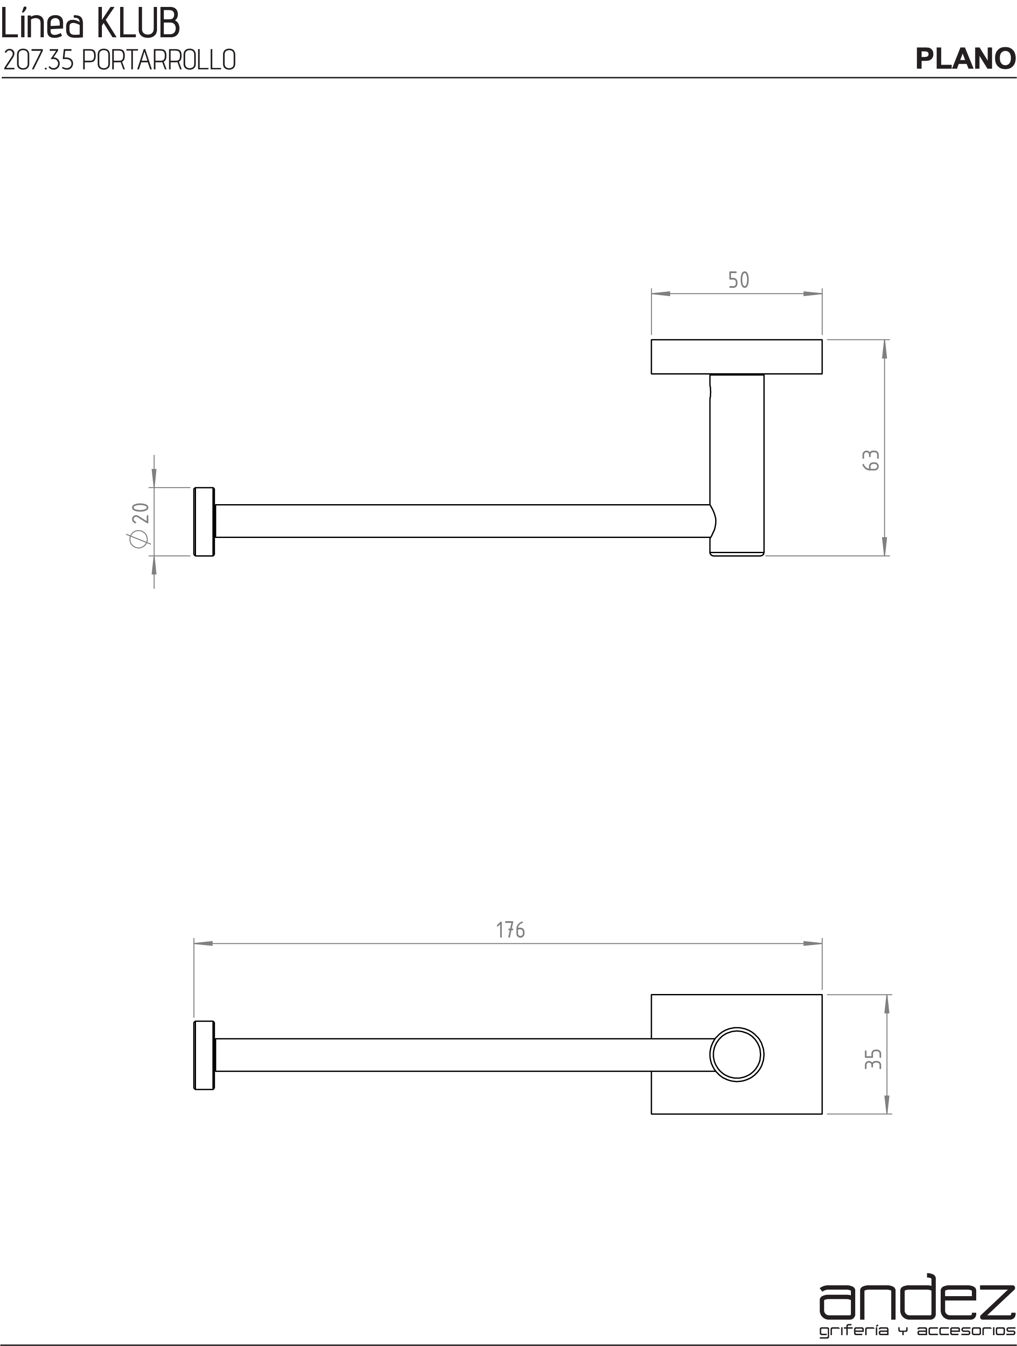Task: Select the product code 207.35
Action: coord(38,60)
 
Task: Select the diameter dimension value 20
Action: coord(141,512)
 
